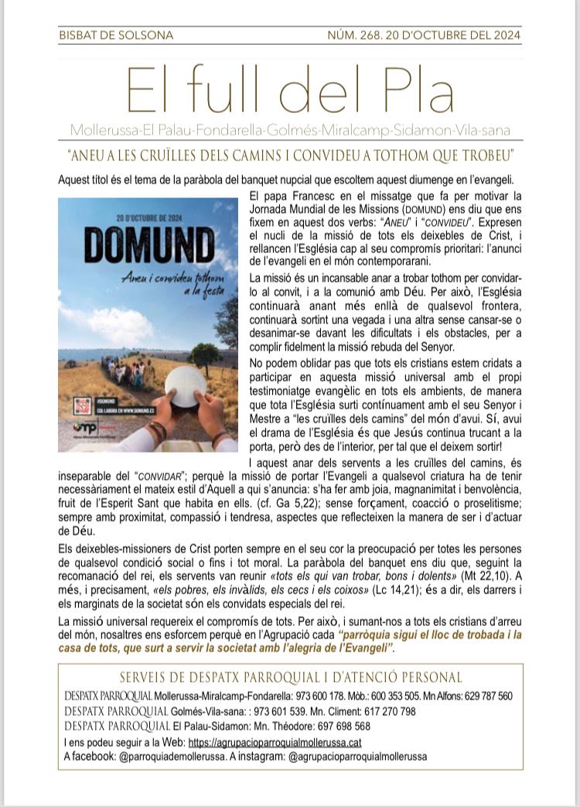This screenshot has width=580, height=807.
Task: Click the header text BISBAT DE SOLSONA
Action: (116, 35)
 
